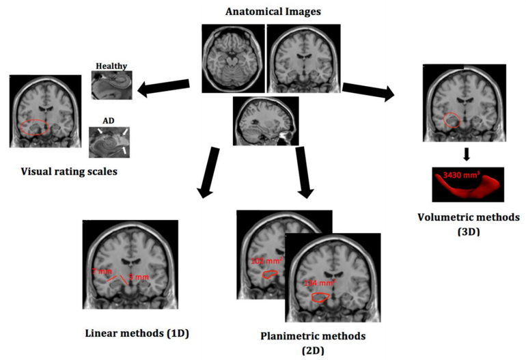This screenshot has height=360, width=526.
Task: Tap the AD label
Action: coord(109,120)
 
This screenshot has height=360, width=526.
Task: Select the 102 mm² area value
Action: coord(262,261)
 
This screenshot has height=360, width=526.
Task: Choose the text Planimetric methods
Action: coord(303,336)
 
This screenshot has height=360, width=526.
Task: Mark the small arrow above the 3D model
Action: coord(465,154)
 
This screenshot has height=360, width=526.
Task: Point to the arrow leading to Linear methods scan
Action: coord(208,174)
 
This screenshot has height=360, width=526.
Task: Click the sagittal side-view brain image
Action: coord(265,120)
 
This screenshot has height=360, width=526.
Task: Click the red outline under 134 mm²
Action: coord(320,297)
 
